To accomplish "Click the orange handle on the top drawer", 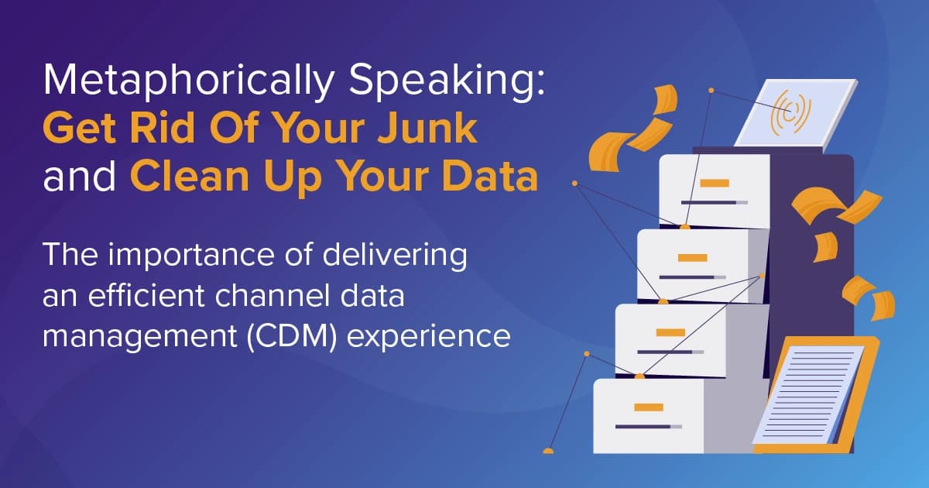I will [x=714, y=184].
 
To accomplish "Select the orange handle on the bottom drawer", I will [x=643, y=407].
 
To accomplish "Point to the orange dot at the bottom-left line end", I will [x=548, y=450].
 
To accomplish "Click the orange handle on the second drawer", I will [x=692, y=257].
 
